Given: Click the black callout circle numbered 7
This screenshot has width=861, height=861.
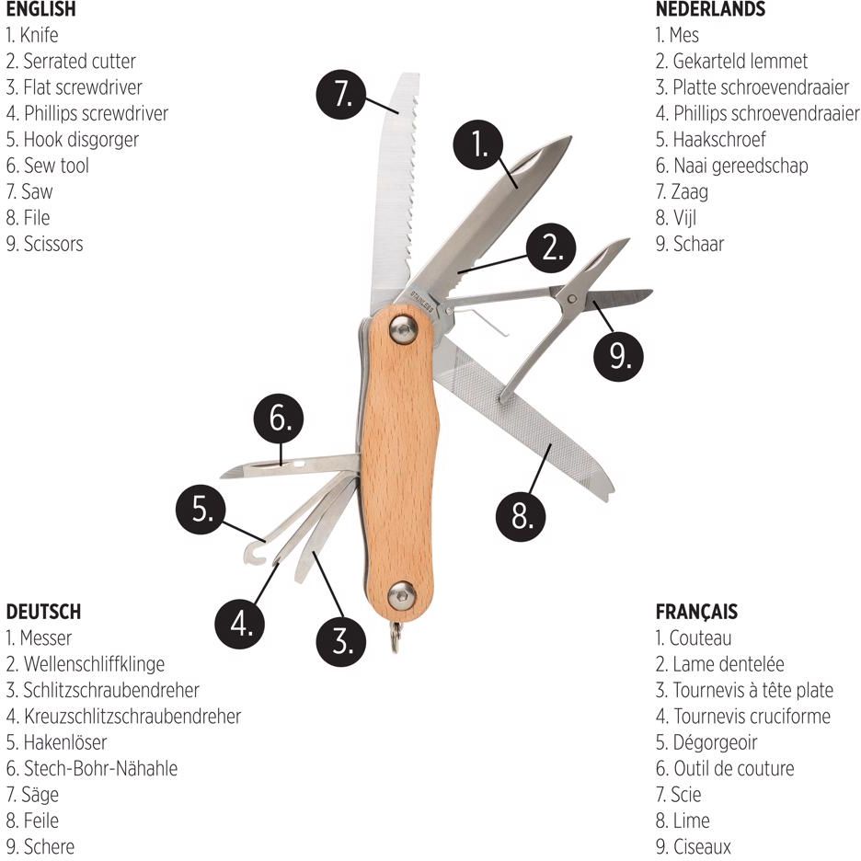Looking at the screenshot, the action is (341, 94).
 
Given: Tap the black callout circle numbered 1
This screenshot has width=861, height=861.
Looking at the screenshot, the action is (478, 144).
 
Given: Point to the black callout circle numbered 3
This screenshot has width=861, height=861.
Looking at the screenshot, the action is (341, 641).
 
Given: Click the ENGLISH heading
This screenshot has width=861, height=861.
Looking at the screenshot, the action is (40, 9).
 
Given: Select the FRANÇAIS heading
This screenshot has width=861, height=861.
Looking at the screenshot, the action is (696, 612).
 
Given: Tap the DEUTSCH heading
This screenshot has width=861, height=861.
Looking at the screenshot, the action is (43, 612).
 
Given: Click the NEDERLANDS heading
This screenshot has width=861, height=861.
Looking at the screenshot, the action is (710, 9).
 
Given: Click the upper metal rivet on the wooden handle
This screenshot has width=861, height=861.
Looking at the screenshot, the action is (403, 330).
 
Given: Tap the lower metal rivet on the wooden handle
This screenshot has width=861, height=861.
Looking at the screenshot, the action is (402, 595).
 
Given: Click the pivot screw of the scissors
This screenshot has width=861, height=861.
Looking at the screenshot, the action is (572, 299).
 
